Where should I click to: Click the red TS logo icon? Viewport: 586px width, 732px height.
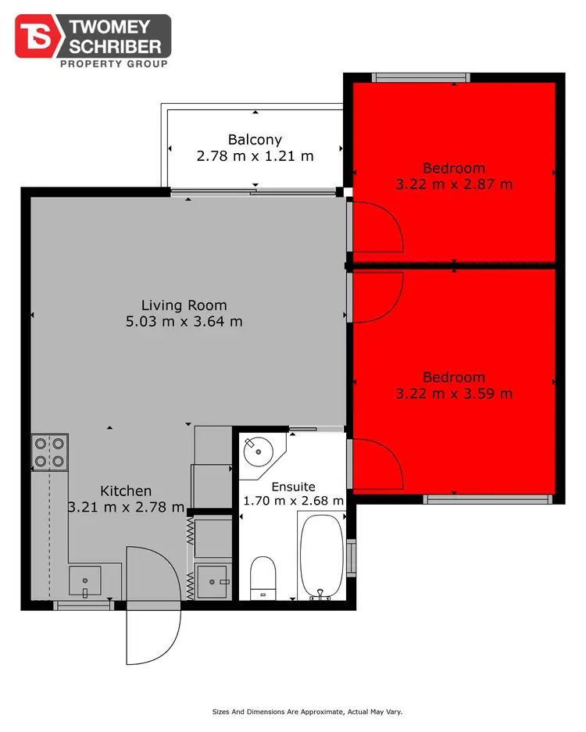pyautogui.click(x=36, y=36)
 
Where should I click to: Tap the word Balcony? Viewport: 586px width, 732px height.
pyautogui.click(x=255, y=140)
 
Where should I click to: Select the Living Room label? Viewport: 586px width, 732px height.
pyautogui.click(x=184, y=305)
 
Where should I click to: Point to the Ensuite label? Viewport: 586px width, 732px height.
pyautogui.click(x=294, y=486)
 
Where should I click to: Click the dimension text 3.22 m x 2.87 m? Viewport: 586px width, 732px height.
pyautogui.click(x=454, y=184)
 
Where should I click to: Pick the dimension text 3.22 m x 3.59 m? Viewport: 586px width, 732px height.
pyautogui.click(x=454, y=393)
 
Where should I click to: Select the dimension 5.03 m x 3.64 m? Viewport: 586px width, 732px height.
pyautogui.click(x=184, y=320)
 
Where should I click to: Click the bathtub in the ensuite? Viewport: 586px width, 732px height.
pyautogui.click(x=321, y=555)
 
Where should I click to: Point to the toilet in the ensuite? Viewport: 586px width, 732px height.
pyautogui.click(x=262, y=577)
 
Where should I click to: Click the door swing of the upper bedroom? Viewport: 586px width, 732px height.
pyautogui.click(x=377, y=227)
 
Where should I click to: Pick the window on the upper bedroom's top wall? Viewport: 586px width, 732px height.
pyautogui.click(x=420, y=77)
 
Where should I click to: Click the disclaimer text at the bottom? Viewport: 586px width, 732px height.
pyautogui.click(x=307, y=712)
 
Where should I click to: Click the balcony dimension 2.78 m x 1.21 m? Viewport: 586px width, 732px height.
pyautogui.click(x=255, y=155)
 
